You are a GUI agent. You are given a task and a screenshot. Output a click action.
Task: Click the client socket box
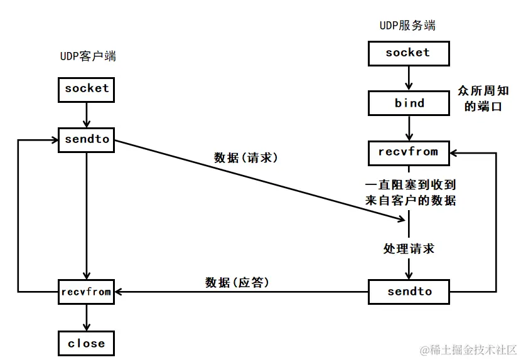click(x=87, y=88)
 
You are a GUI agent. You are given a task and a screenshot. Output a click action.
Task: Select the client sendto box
click(x=87, y=140)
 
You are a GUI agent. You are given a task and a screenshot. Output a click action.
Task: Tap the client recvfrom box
click(x=87, y=292)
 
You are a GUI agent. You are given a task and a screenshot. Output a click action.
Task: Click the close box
click(x=87, y=343)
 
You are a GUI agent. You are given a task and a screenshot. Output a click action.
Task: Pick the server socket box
click(x=408, y=53)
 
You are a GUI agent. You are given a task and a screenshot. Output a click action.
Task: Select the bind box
click(x=409, y=103)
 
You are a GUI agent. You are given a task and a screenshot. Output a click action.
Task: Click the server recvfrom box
click(x=409, y=152)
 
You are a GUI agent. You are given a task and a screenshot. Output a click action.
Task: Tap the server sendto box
click(x=409, y=292)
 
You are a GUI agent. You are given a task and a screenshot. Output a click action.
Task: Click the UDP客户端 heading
click(x=87, y=56)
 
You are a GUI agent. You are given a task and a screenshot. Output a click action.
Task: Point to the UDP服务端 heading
click(x=408, y=26)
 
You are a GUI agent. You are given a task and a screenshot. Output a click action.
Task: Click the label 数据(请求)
click(x=245, y=158)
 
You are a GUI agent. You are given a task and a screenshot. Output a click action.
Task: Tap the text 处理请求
click(x=409, y=248)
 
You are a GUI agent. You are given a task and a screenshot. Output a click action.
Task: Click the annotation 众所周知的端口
click(x=483, y=98)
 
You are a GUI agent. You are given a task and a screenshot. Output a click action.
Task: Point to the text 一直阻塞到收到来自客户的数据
click(x=410, y=193)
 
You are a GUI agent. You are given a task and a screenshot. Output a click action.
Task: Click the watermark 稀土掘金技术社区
click(x=468, y=349)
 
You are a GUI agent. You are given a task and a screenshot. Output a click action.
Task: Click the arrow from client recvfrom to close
click(x=87, y=317)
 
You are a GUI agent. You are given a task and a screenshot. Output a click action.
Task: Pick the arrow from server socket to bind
click(x=409, y=77)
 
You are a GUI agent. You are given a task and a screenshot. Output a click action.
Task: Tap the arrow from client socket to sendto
click(x=87, y=114)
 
